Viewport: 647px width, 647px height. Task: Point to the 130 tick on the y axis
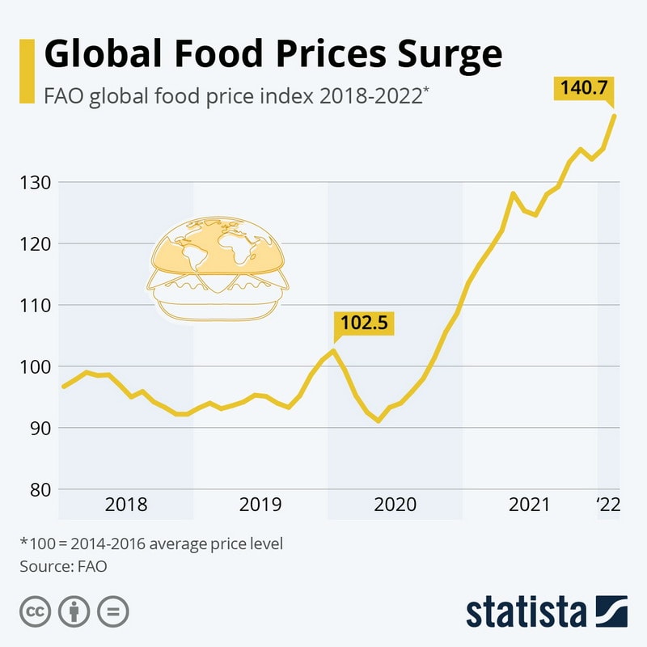[36, 183]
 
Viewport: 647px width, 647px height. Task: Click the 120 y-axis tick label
[36, 244]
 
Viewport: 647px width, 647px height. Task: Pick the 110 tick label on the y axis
[36, 306]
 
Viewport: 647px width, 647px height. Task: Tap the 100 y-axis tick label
[36, 367]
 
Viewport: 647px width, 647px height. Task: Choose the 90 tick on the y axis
[39, 429]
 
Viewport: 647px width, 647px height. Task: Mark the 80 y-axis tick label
[39, 490]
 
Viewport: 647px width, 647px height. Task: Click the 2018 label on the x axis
[126, 505]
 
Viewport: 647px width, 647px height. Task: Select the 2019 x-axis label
[260, 505]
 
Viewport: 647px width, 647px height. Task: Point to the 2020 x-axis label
[395, 505]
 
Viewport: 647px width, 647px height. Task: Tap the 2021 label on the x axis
[529, 505]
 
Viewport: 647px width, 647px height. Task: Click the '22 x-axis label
[607, 505]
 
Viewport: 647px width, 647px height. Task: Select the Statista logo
[546, 612]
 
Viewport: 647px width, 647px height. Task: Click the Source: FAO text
[63, 566]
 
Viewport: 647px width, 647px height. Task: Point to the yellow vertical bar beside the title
[27, 71]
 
